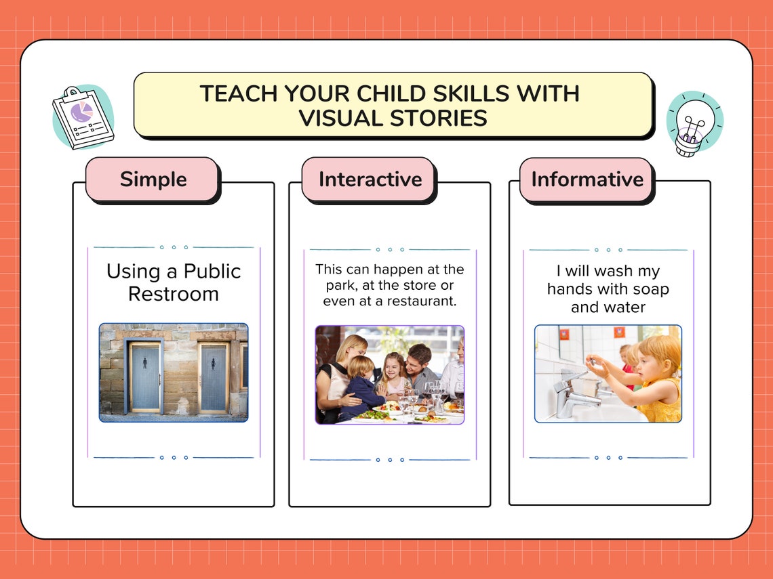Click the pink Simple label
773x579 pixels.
153,179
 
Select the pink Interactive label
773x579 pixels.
370,179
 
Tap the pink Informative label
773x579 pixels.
587,179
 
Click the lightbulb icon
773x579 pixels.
693,124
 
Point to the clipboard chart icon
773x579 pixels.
83,117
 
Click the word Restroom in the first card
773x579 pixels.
174,294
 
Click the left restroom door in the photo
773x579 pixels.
145,377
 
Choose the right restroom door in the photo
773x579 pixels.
214,377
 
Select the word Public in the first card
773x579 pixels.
212,272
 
